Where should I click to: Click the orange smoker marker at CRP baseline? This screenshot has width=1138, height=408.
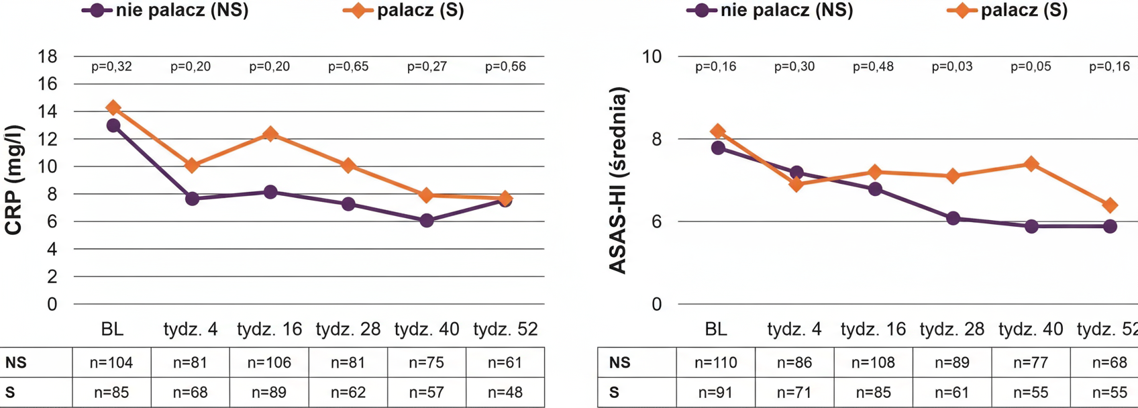pos(113,107)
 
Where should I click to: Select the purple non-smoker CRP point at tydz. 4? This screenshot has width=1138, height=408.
pos(192,199)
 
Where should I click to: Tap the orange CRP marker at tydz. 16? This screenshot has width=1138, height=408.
pos(270,134)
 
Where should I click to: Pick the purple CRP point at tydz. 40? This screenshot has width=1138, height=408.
pos(427,220)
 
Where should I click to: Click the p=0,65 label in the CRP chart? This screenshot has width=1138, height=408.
pos(348,66)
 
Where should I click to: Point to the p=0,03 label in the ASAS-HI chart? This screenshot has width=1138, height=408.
pos(952,66)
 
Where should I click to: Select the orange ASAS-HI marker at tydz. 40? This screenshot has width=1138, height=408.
pos(1031,164)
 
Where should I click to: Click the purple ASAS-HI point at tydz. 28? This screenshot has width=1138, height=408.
pos(953,218)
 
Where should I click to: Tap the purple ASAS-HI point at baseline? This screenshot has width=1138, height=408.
pos(718,148)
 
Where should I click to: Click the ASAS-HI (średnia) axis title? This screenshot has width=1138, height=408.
pos(618,180)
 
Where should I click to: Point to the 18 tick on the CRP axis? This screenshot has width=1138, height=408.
pos(47,56)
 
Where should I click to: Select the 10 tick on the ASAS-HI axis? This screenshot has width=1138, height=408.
pos(652,56)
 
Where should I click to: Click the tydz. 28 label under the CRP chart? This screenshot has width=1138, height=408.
pos(348,329)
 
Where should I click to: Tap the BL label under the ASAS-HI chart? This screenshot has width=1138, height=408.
pos(716,329)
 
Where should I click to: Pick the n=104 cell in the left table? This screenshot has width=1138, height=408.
pos(111,363)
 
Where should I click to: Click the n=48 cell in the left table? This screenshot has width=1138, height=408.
pos(505,393)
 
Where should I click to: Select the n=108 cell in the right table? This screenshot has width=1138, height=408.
pos(873,363)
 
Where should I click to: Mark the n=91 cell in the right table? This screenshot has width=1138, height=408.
pos(715,393)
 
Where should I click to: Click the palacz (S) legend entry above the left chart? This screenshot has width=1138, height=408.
pos(405,11)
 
